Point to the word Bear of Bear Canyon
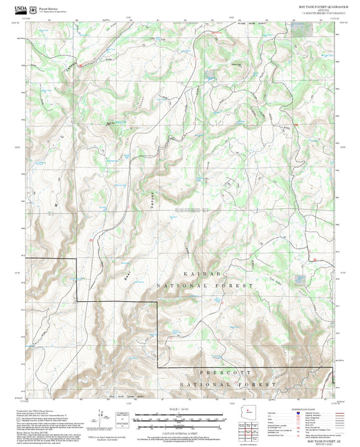point(126,275)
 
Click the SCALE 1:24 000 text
point(180,410)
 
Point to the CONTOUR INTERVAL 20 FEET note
point(180,432)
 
